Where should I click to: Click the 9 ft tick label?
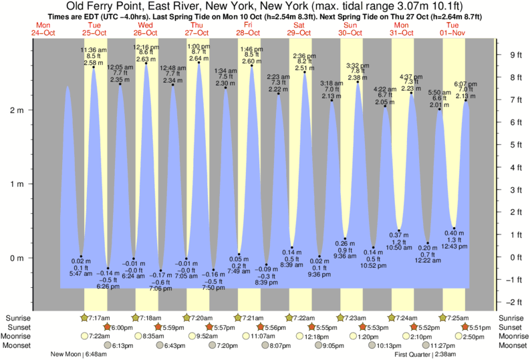tap(515, 55)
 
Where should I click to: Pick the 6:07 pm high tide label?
tap(466, 84)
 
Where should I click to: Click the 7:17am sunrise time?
tap(99, 317)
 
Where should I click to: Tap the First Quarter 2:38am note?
tap(425, 355)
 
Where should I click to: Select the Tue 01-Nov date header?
tap(452, 29)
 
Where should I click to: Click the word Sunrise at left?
tap(17, 317)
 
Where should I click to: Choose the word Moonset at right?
tap(512, 345)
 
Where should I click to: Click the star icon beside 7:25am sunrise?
tap(443, 317)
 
